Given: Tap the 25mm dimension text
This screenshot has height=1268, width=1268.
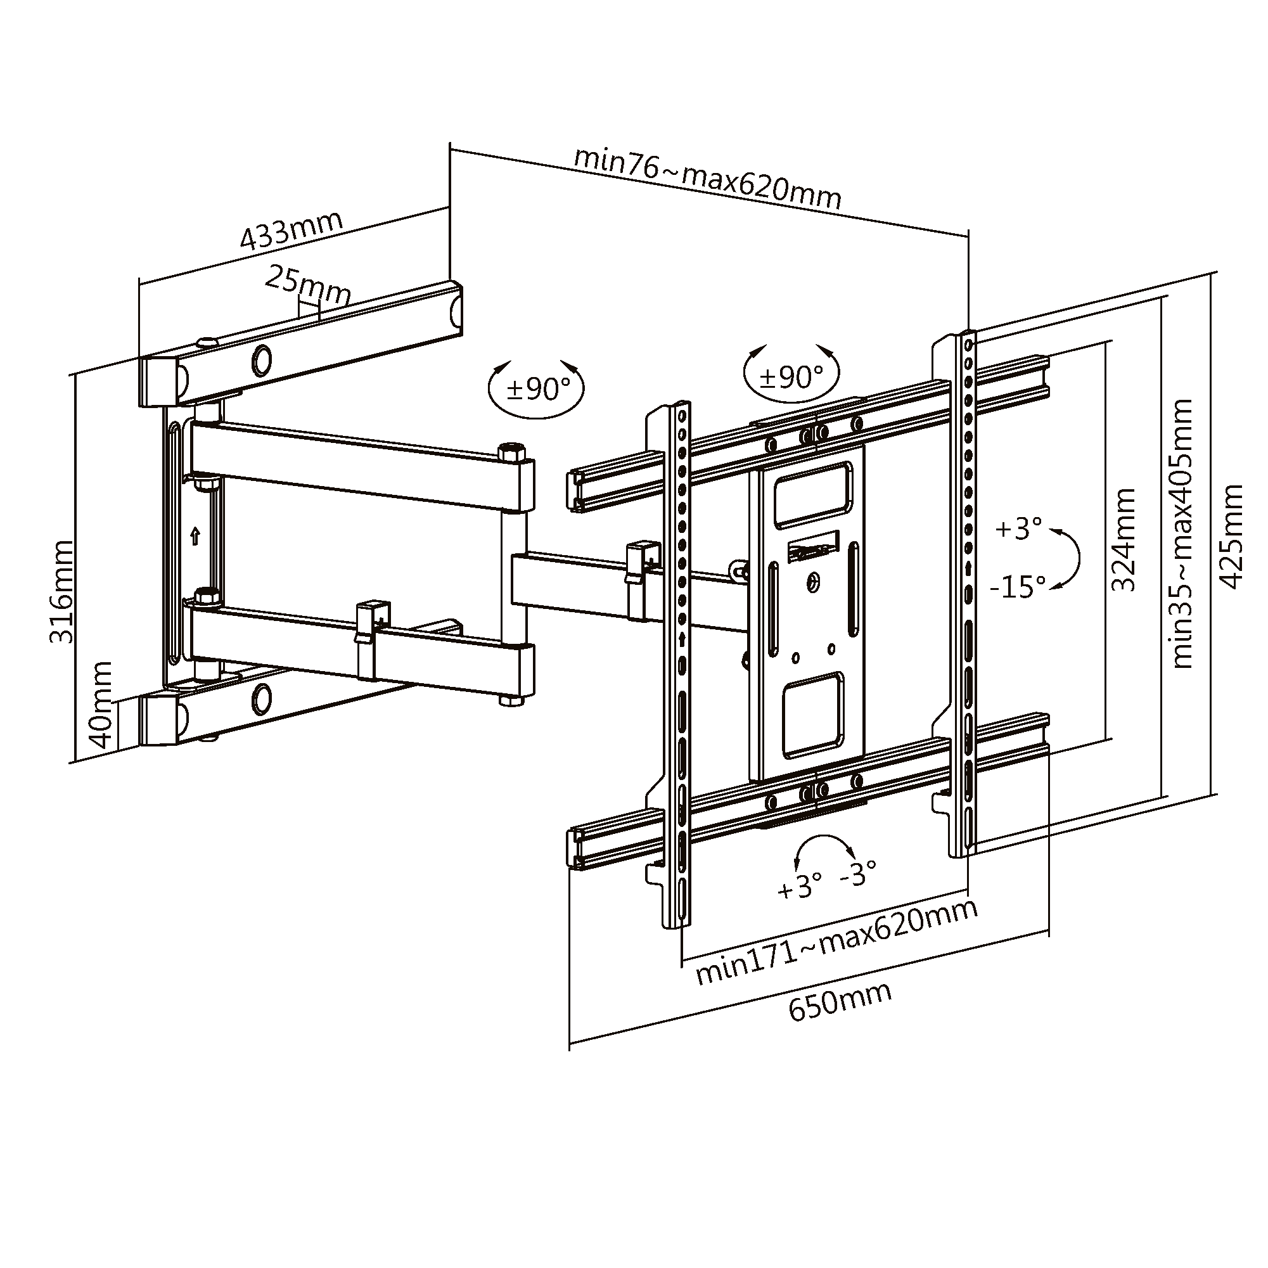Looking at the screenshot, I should tap(307, 286).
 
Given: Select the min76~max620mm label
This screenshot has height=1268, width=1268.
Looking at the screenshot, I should tap(707, 177).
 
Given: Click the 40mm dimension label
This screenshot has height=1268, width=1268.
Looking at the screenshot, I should tap(100, 705).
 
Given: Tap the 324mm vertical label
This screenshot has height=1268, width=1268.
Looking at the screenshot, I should tap(1123, 540).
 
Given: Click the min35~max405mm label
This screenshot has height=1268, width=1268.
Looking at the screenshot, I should tap(1181, 534).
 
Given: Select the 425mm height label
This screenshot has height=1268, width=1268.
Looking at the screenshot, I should tap(1231, 537).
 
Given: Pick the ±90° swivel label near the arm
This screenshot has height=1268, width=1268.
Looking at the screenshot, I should tap(537, 389).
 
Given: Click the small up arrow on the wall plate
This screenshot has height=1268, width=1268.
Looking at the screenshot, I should tap(195, 536).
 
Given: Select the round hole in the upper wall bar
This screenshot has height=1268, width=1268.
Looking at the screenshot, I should tap(262, 361).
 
